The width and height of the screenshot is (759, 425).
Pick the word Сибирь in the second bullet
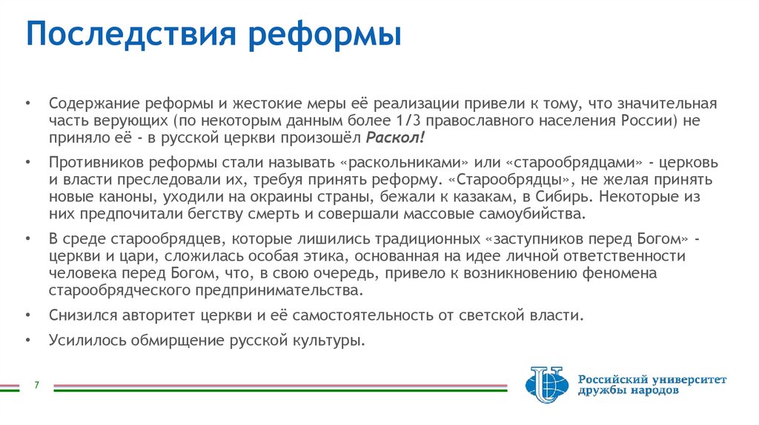(567, 198)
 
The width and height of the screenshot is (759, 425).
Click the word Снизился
(82, 315)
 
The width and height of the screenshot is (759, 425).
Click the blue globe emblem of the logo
(546, 385)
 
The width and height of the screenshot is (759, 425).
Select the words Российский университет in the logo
(652, 379)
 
